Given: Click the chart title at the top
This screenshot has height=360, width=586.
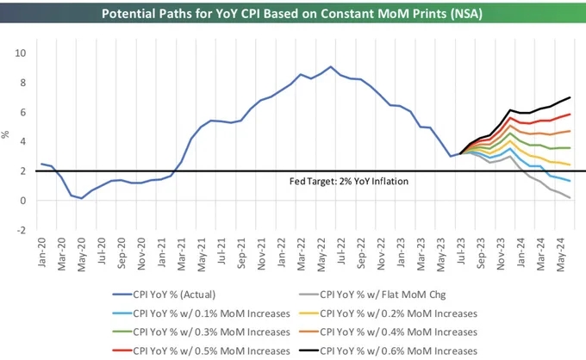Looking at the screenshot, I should [292, 14].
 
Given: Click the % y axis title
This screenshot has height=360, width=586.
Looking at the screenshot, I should [7, 135].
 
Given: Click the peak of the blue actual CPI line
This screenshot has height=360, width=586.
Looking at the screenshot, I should [330, 66].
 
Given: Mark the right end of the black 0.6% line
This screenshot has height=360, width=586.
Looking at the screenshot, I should [570, 97].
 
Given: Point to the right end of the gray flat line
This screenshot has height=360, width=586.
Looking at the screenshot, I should [570, 198].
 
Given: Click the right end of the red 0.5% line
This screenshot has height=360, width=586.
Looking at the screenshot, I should [570, 115].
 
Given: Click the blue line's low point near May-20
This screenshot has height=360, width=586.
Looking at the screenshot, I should [82, 198].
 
